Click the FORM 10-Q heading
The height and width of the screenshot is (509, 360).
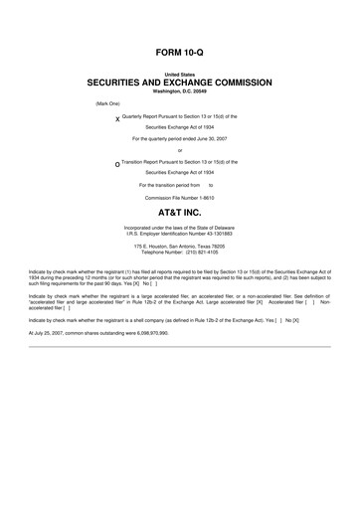(180, 50)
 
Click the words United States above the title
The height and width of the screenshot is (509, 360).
(180, 74)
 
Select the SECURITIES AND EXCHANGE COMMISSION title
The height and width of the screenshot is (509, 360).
(180, 83)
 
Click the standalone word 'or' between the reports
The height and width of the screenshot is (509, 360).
(180, 150)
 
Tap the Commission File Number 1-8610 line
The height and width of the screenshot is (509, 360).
(180, 196)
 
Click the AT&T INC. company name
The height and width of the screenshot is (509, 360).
(180, 213)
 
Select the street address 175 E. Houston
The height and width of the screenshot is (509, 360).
(159, 246)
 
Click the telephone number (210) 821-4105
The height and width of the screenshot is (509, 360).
(200, 252)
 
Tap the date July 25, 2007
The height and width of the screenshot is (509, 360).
(50, 332)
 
